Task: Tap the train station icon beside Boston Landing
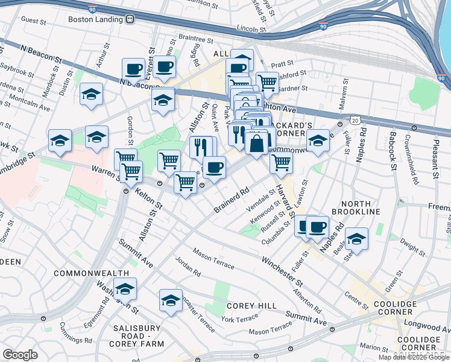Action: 130,19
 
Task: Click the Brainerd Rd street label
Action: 232,200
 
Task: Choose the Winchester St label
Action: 281,271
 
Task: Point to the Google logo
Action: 20,355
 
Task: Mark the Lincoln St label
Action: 252,28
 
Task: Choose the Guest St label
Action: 34,19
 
